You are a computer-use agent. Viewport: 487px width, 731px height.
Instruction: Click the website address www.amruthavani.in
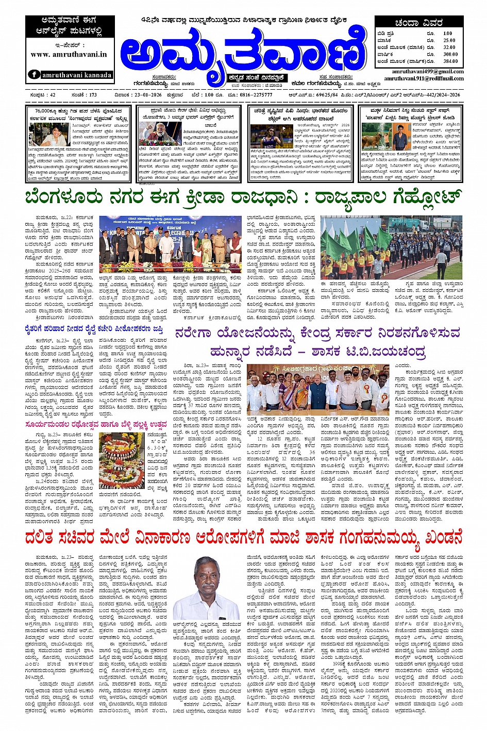pyautogui.click(x=69, y=54)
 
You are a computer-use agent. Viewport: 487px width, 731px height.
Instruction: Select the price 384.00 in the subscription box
pyautogui.click(x=450, y=61)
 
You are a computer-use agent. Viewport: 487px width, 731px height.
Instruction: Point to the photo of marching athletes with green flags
pyautogui.click(x=391, y=247)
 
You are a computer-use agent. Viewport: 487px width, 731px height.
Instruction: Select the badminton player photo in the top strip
pyautogui.click(x=264, y=136)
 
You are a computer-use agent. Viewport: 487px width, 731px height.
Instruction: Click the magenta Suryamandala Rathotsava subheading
pyautogui.click(x=96, y=424)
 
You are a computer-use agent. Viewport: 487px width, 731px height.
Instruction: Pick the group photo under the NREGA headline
pyautogui.click(x=318, y=387)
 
